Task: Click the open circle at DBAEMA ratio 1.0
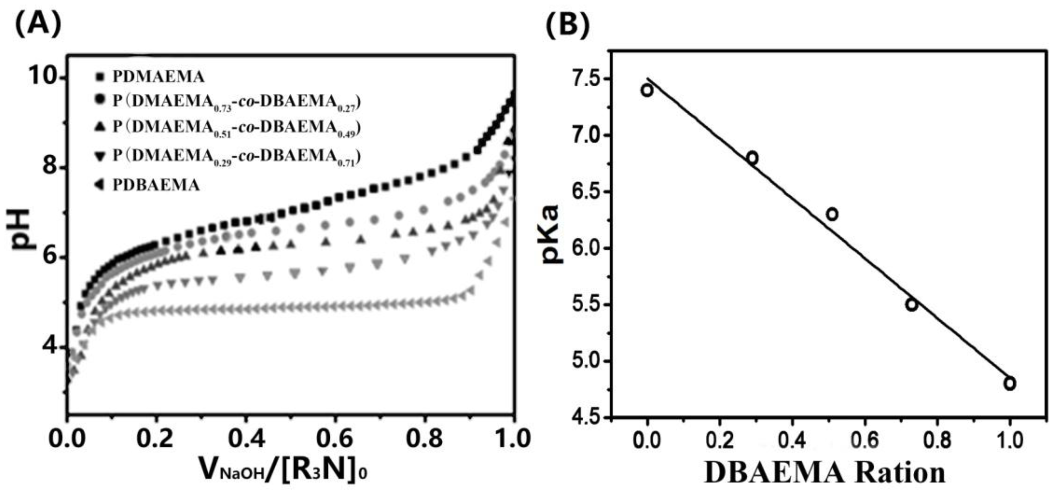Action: pos(1010,384)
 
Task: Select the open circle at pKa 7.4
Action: pos(647,90)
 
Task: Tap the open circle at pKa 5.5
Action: pos(911,305)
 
